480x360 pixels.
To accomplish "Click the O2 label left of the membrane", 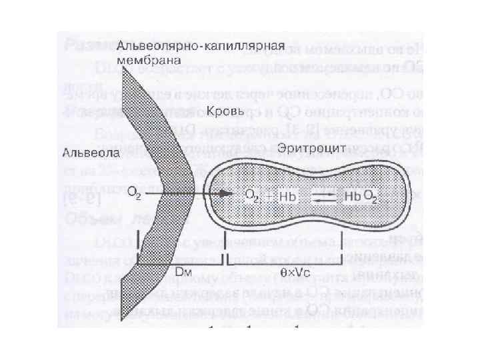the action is click(x=135, y=194).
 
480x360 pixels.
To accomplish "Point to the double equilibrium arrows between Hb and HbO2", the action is click(x=323, y=195).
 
